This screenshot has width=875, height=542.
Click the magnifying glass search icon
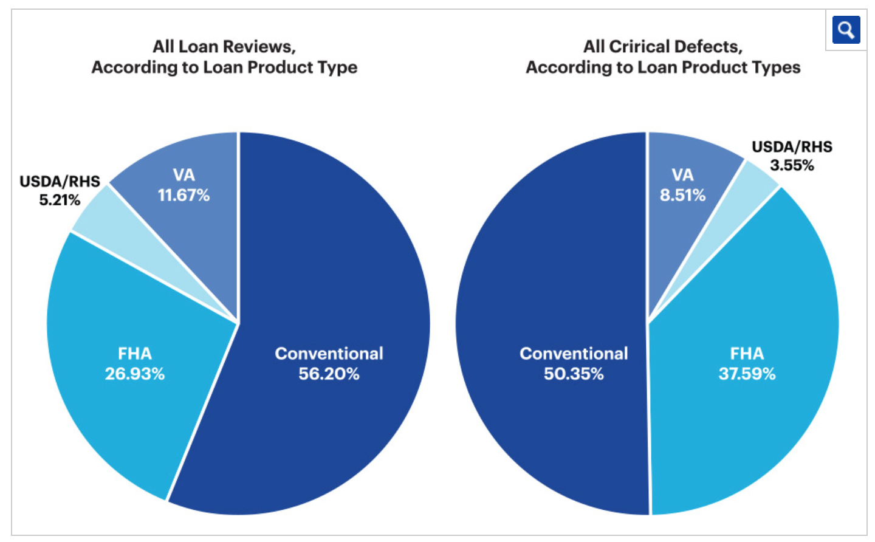click(846, 29)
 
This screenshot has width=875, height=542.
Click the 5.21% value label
click(60, 200)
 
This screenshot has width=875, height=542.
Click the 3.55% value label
click(792, 165)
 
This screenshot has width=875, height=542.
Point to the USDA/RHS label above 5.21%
click(60, 182)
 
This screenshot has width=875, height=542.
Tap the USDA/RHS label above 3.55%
click(792, 147)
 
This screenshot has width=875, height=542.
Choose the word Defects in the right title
click(708, 47)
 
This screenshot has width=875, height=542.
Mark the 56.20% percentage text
click(329, 374)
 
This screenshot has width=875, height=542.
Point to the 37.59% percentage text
click(747, 374)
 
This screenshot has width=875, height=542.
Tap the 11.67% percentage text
click(184, 195)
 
